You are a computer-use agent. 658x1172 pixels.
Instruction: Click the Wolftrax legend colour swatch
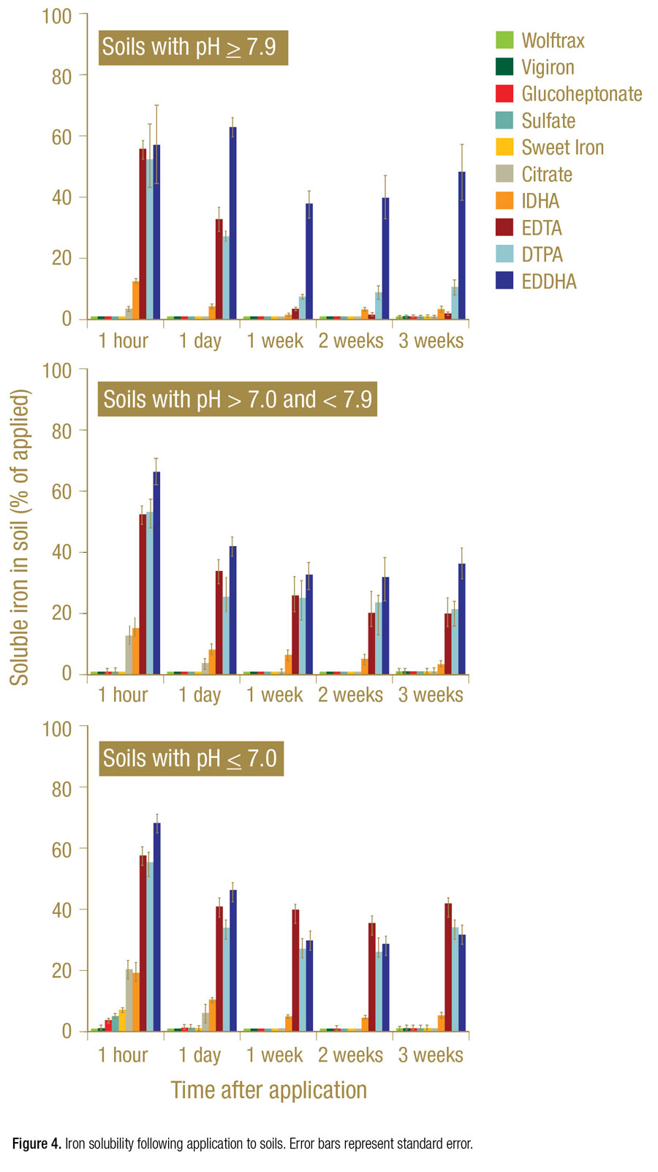pos(504,40)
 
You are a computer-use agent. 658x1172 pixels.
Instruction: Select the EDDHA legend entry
pos(548,281)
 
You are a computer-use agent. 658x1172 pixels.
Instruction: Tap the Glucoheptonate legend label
pos(581,94)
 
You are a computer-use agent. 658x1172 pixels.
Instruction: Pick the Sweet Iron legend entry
pos(562,148)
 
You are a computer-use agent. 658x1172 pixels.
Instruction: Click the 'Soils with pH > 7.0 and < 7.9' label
pos(238,399)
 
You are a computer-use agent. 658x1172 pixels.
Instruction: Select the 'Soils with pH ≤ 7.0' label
pos(190,758)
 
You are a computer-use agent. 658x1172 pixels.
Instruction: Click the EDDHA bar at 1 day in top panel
pos(232,223)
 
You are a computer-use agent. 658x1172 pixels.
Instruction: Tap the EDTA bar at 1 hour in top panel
pos(143,234)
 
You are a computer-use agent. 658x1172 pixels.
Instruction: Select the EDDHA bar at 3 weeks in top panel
pos(462,245)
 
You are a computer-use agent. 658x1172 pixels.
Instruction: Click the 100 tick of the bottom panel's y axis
pos(57,729)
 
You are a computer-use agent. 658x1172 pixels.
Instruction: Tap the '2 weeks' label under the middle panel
pos(350,695)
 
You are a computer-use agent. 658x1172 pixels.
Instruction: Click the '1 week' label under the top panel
pos(275,341)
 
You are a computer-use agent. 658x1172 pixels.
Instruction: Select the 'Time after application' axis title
pos(268,1090)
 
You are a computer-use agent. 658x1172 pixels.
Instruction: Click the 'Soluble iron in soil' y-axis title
pos(20,537)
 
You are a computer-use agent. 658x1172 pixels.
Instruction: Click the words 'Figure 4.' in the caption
pos(37,1143)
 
